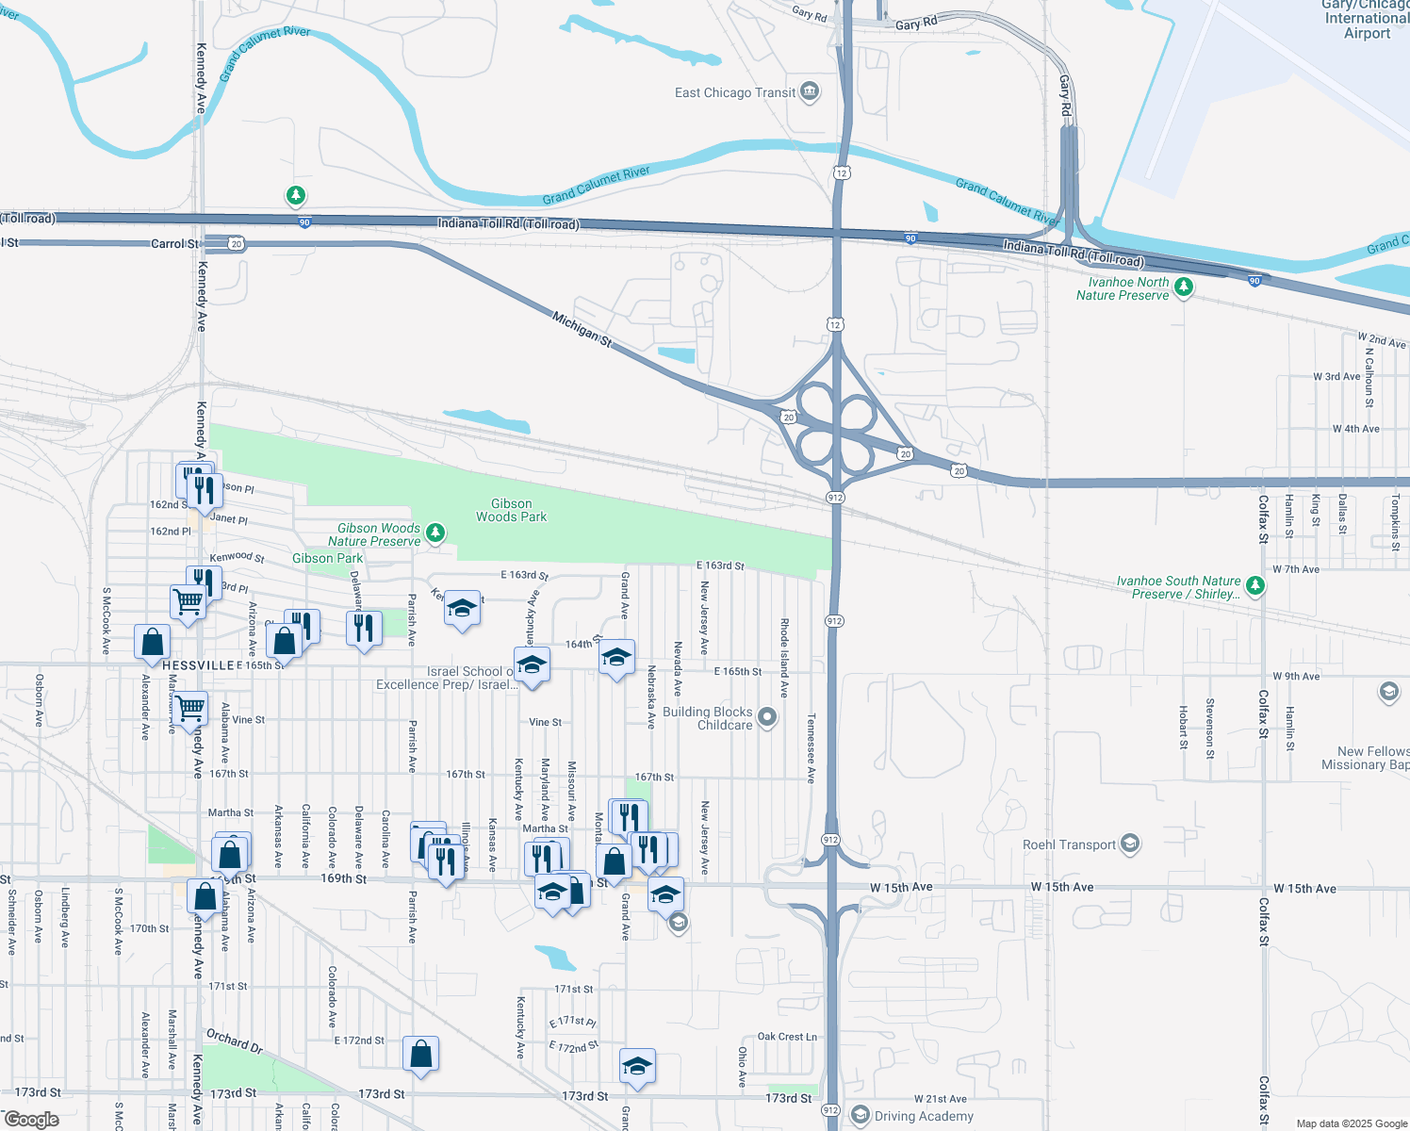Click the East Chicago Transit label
(x=735, y=92)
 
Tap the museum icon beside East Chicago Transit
(x=810, y=91)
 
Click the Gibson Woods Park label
(x=511, y=510)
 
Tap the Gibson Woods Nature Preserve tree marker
(x=434, y=533)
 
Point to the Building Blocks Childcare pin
(x=768, y=718)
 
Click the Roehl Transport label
(x=1069, y=844)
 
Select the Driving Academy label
(x=924, y=1116)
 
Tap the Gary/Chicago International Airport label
(x=1367, y=20)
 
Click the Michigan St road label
(x=582, y=329)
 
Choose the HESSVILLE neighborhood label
(x=198, y=665)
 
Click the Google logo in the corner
(x=31, y=1119)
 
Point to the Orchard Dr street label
(x=235, y=1041)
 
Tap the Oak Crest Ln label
(x=787, y=1036)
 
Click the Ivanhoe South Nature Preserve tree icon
(x=1254, y=586)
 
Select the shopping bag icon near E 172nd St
(x=420, y=1054)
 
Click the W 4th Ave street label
(x=1355, y=429)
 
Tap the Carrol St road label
(x=175, y=243)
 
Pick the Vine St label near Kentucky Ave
(x=545, y=722)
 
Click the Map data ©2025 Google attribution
(x=1351, y=1123)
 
